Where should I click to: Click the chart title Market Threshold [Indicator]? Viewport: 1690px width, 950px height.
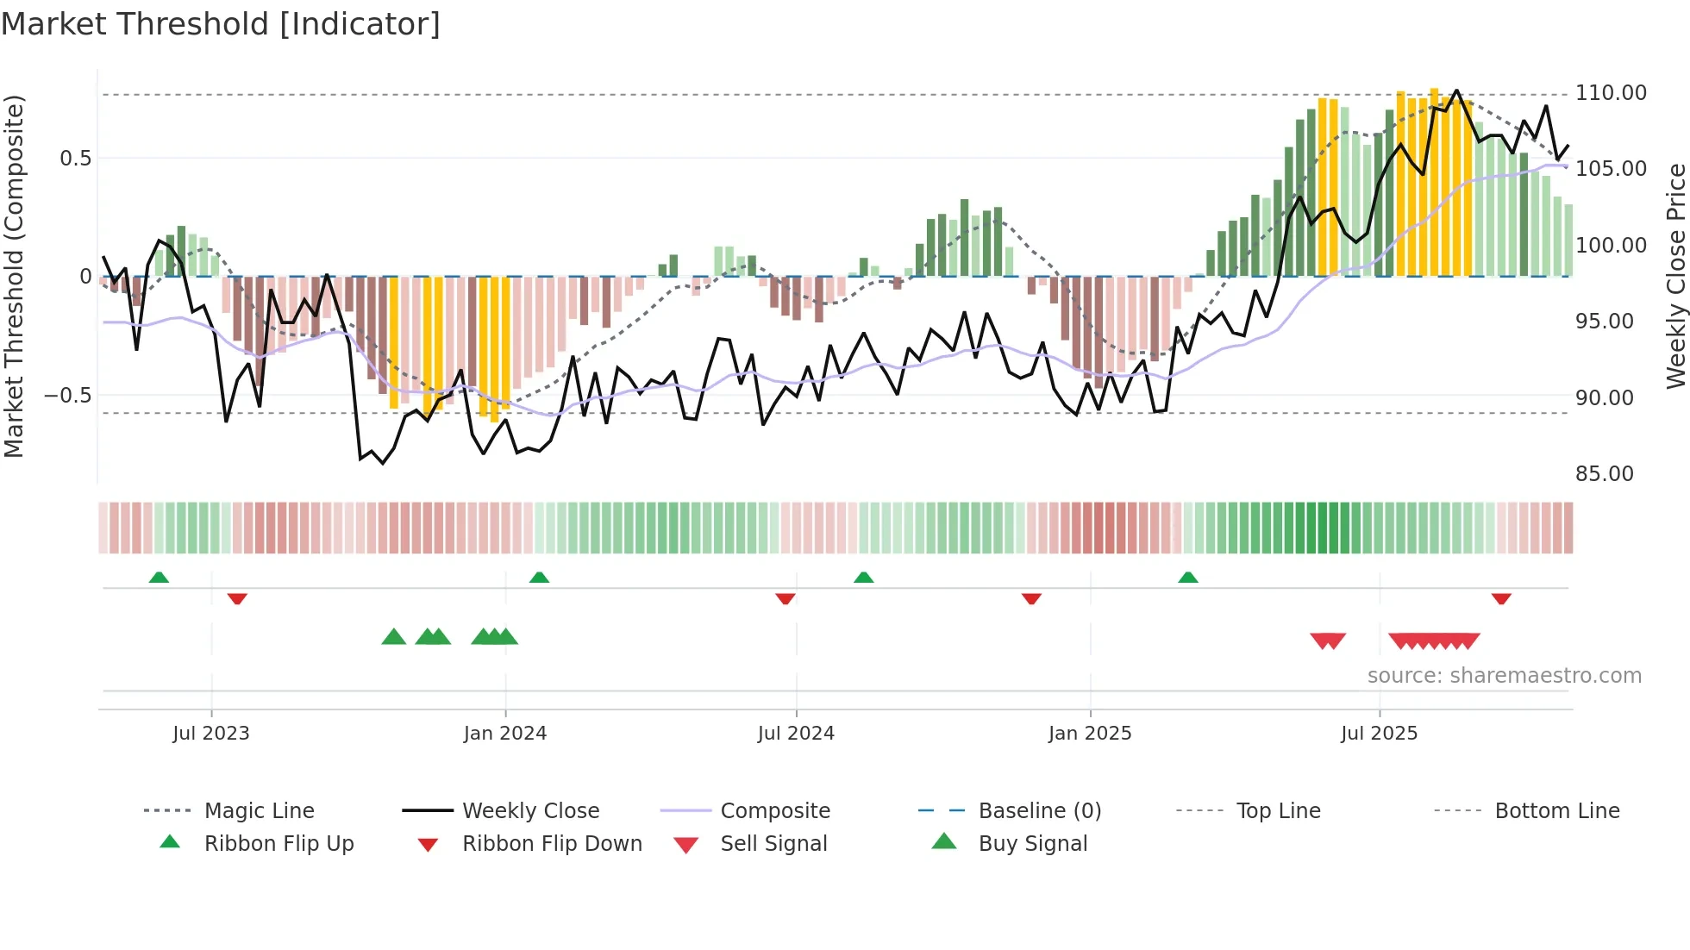[x=221, y=24]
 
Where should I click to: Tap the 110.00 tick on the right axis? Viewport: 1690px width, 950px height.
[x=1611, y=93]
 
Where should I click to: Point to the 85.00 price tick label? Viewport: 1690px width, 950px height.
[x=1604, y=474]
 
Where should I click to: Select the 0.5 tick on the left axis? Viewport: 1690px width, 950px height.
[x=75, y=159]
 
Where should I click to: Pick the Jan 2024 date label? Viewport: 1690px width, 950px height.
[x=504, y=734]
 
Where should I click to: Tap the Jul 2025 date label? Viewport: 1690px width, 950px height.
[x=1379, y=734]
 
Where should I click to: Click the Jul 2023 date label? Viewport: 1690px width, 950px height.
[x=210, y=734]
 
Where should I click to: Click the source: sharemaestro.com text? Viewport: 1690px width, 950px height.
[x=1504, y=676]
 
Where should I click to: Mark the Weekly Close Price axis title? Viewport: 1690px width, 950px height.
[x=1675, y=276]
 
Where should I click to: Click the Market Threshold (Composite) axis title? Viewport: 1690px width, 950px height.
[x=14, y=276]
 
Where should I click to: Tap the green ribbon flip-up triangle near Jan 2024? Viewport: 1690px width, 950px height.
[x=539, y=578]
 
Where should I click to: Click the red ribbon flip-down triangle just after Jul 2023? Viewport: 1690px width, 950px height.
[x=237, y=598]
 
